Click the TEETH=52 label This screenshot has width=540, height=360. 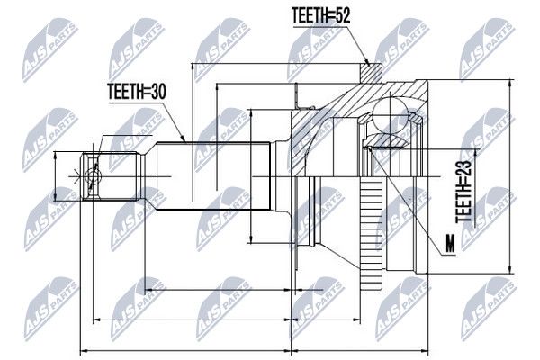(x=320, y=15)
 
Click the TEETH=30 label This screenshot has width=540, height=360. (x=137, y=91)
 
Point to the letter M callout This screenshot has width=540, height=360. (x=450, y=244)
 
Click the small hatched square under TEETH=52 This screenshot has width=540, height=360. (x=371, y=74)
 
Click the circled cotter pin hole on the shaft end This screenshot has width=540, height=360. (x=93, y=176)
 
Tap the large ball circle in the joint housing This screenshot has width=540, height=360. (x=391, y=115)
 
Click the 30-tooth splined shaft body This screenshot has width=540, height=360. (x=212, y=176)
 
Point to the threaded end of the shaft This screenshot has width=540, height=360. (x=111, y=176)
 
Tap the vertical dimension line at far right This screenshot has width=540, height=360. (x=509, y=176)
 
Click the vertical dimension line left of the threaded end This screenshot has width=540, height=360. (x=56, y=176)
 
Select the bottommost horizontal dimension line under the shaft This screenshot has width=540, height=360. (x=185, y=351)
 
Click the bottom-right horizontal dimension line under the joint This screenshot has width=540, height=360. (x=360, y=351)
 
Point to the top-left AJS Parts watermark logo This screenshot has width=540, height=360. (x=50, y=49)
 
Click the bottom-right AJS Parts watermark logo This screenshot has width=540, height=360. (x=489, y=309)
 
